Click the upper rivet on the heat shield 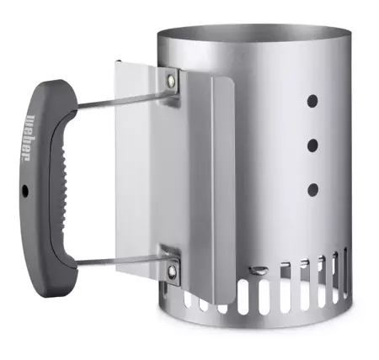pos(173,81)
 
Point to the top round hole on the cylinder pos(312,100)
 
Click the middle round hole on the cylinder pos(312,145)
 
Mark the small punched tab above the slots pos(262,270)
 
